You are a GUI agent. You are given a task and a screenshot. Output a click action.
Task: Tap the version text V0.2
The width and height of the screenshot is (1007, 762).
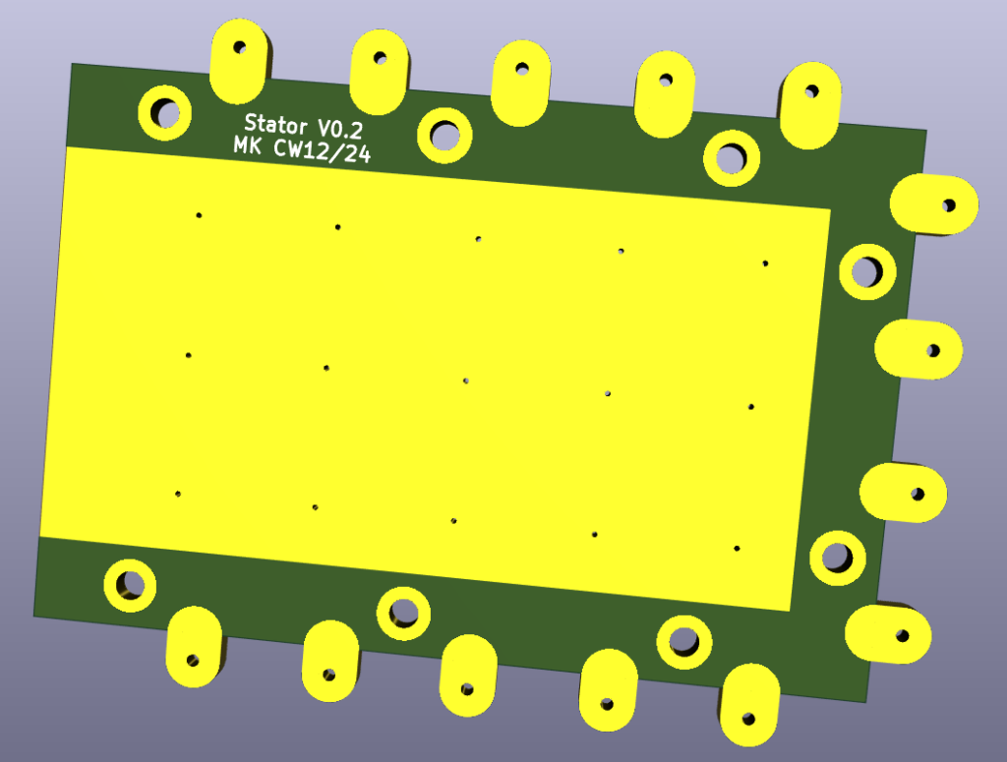click(340, 129)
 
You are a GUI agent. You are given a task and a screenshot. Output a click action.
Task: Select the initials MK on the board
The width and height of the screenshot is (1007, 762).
click(247, 146)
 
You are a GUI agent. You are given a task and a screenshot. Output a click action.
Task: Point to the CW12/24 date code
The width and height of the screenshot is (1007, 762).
click(323, 150)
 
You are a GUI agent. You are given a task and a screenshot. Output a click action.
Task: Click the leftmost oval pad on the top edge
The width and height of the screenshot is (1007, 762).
click(238, 61)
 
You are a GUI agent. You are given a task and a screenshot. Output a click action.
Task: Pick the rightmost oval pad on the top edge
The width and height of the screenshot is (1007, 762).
click(810, 106)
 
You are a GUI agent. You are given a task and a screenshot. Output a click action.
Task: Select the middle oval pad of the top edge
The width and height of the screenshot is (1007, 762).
click(521, 84)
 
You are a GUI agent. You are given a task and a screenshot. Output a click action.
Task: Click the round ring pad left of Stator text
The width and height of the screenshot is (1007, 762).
click(165, 112)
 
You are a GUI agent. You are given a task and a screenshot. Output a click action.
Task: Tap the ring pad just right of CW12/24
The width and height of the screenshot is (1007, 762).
click(444, 136)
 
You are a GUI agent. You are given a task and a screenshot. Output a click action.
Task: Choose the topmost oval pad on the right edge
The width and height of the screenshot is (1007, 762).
click(934, 205)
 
